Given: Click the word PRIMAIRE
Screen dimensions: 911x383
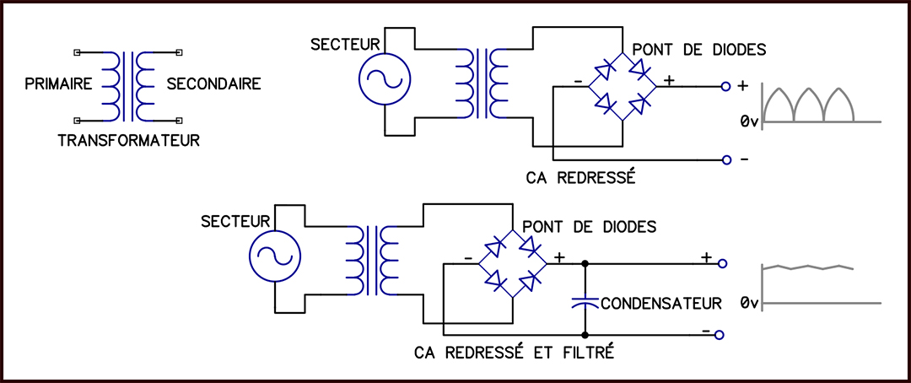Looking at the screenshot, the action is (58, 84).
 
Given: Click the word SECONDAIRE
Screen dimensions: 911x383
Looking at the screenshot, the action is (213, 84).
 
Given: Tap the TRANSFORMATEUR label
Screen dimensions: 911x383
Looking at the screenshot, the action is (129, 140).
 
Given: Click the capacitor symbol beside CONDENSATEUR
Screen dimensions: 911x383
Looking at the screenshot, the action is (585, 302).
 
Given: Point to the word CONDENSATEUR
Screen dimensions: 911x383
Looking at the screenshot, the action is (661, 303).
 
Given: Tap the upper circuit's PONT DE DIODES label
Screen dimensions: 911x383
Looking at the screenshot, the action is (699, 50).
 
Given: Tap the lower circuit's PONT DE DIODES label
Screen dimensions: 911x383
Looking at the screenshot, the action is (590, 226).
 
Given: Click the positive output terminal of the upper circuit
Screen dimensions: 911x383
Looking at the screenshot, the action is (725, 87).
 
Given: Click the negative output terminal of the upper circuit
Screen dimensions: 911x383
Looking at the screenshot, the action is (725, 159).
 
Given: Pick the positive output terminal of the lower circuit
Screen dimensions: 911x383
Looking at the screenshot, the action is (723, 263).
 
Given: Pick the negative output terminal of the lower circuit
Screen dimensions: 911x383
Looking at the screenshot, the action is (720, 336).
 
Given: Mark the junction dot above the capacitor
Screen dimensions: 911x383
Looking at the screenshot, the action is (585, 263).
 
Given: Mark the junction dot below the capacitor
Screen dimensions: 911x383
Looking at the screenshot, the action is (585, 336).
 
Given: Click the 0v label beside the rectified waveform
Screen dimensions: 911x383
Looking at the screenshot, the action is (750, 121).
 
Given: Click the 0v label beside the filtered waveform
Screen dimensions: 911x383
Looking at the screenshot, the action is (750, 303).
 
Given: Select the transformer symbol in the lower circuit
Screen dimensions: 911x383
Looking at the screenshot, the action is (372, 259).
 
